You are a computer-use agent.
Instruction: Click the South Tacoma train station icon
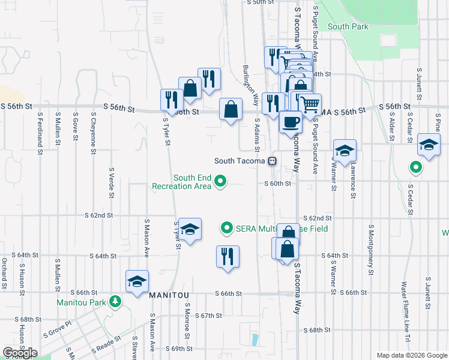coord(273,161)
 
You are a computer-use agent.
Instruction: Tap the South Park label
coord(347,26)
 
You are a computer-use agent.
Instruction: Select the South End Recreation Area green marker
coord(220,181)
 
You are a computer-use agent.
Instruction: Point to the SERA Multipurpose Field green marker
coord(226,227)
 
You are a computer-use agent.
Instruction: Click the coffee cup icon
coord(291,122)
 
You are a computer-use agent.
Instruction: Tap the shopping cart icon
coord(310,104)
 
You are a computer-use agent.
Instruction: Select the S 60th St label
coord(278,184)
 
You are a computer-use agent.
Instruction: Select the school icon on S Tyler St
coord(190,230)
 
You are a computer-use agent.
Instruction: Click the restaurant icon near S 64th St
coord(228,256)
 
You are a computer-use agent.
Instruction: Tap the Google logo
coord(20,353)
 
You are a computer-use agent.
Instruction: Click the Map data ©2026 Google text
coord(411,355)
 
